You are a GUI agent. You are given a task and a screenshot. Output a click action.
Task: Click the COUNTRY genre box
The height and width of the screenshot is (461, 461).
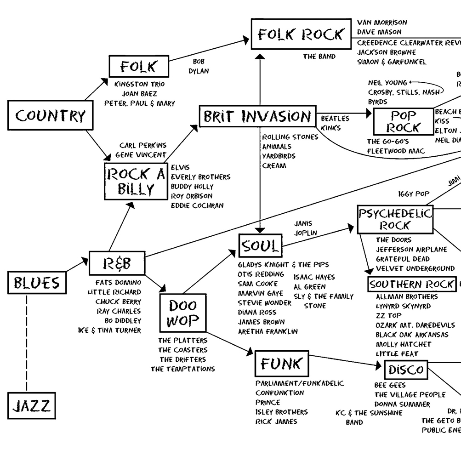point(50,116)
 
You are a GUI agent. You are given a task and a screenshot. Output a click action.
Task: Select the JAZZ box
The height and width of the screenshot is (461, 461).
point(32,405)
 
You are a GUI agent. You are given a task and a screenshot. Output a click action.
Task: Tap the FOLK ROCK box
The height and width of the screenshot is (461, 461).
point(301,34)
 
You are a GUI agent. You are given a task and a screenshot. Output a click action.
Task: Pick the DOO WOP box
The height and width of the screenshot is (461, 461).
point(182,313)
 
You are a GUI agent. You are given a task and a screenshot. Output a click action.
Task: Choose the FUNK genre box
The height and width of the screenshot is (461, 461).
point(281,364)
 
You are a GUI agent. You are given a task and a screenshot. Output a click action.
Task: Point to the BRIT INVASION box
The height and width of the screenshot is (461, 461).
point(257,116)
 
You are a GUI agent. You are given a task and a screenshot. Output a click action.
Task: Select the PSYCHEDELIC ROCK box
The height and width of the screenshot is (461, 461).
point(395,219)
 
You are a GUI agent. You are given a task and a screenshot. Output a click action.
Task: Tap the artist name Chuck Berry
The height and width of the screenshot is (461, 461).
point(118,302)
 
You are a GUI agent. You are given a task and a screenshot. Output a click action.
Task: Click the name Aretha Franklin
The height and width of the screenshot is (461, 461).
point(267,331)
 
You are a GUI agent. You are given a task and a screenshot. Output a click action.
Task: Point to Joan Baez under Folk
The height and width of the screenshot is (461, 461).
point(139,94)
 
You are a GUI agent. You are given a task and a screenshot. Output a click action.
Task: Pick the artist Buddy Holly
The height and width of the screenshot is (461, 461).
point(192,187)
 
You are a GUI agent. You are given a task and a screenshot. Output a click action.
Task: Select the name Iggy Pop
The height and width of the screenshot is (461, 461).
point(414,194)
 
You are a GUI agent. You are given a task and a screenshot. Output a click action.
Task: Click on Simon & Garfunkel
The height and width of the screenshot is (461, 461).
point(392,62)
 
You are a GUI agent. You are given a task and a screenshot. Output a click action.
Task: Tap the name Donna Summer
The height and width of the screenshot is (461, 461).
point(402,404)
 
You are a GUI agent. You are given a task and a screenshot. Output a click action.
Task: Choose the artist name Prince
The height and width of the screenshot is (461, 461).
point(267,402)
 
